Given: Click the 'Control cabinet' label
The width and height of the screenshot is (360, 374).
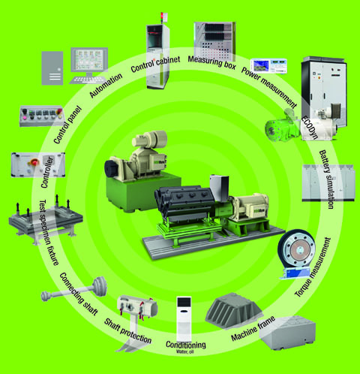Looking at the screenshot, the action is coord(155,64).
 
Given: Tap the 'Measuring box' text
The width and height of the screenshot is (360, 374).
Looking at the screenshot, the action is coord(212,62).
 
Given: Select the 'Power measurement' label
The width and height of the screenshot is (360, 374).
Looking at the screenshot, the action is coord(269,87).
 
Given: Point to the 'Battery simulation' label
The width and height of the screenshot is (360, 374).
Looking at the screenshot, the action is coord(326,179).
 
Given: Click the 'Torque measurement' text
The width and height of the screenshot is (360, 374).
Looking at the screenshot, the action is coord(313,267).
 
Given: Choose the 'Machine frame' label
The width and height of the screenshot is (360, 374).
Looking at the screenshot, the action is coord(253,329).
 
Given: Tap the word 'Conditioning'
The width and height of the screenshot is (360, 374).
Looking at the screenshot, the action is coord(186,345).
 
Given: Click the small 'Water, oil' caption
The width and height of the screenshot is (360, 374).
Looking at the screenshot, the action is coord(184,351).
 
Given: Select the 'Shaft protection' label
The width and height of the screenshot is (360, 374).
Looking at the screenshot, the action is coord(127,331).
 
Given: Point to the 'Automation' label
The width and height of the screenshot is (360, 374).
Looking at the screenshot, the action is coord(106,85).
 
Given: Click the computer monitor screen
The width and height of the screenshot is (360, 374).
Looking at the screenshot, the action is coord(89,60).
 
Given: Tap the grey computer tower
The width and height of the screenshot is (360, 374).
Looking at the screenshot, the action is coord(52,68).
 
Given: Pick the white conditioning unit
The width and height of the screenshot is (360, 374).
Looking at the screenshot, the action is coord(184,319).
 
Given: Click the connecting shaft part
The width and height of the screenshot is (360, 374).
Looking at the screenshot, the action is coord(74,289).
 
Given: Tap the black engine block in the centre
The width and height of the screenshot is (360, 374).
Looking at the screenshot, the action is coord(184,204).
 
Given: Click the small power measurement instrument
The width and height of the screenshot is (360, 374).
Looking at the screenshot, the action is coord(268,66).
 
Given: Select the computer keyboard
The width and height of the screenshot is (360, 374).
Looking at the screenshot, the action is coord(85,80).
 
